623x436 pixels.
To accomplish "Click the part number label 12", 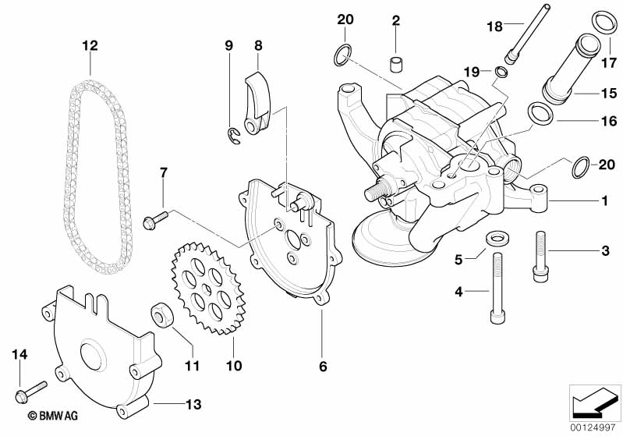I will click(90, 45).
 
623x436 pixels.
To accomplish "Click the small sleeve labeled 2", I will click(396, 62).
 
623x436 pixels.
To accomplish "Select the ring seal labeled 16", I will click(538, 115).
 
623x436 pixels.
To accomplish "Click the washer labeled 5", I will click(494, 236).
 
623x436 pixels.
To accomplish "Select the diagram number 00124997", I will click(596, 427).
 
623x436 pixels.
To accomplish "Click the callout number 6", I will click(322, 364).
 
